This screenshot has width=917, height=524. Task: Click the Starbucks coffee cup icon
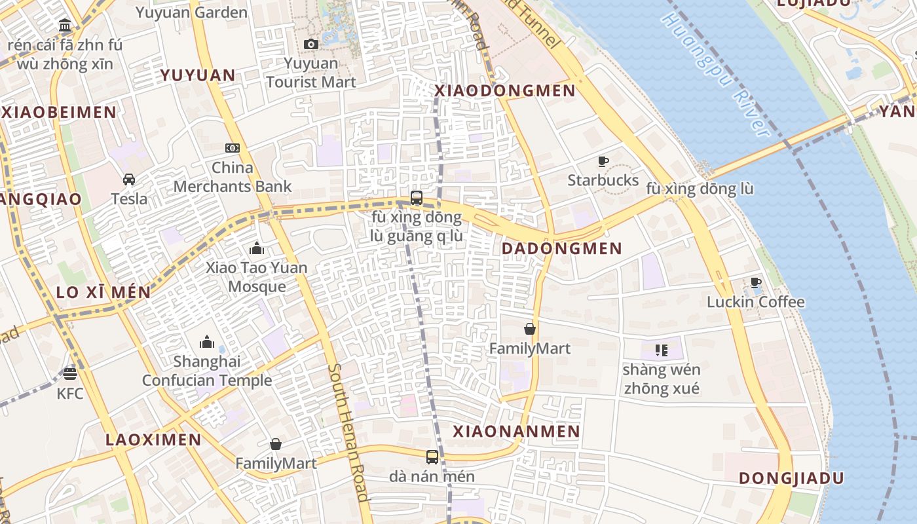[x=603, y=161]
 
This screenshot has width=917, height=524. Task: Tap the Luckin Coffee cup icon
[x=755, y=283]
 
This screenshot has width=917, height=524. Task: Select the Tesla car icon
[x=129, y=179]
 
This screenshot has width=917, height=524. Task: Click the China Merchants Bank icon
[x=233, y=148]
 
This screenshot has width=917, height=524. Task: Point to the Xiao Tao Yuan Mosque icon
[x=257, y=248]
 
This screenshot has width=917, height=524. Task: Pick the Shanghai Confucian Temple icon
[x=207, y=342]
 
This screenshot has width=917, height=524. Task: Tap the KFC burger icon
[x=70, y=374]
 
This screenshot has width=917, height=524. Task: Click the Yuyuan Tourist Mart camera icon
[x=311, y=44]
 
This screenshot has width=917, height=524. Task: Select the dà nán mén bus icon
[x=432, y=457]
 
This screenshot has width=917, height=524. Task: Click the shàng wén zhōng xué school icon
[x=661, y=350]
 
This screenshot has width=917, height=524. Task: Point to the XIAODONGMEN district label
[x=505, y=91]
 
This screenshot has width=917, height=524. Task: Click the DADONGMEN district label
[x=562, y=249]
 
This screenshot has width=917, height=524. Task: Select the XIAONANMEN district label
[x=517, y=432]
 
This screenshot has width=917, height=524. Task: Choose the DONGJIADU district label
[x=791, y=478]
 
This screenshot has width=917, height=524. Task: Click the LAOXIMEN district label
[x=154, y=440]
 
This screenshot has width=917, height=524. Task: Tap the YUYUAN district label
[x=198, y=75]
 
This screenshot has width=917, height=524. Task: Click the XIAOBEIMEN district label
[x=59, y=112]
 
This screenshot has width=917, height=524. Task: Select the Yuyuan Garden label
[x=191, y=12]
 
